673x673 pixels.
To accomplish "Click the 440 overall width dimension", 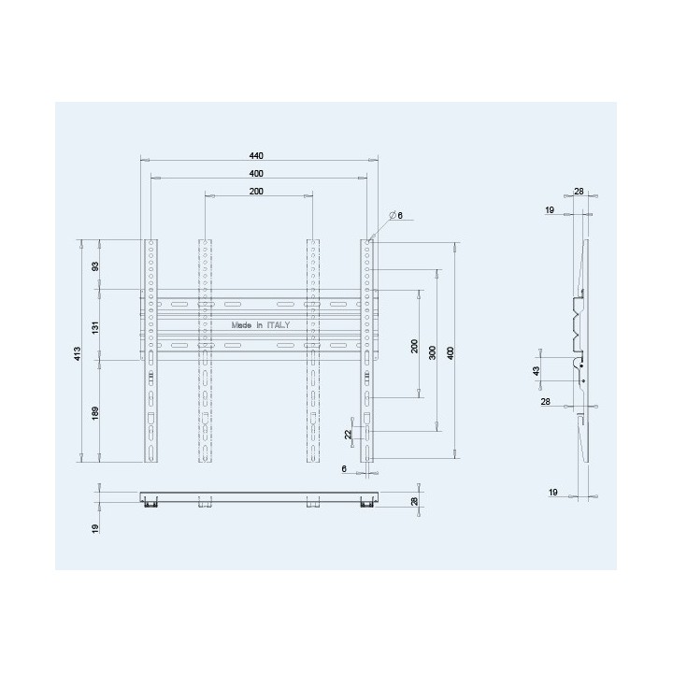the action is [256, 156].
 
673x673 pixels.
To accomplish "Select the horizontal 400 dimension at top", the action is [256, 174].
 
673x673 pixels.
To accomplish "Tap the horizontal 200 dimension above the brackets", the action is [256, 192].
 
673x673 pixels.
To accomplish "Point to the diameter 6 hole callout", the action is [396, 215].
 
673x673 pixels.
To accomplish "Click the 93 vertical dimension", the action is [95, 266].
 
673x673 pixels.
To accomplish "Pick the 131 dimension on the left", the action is [95, 327].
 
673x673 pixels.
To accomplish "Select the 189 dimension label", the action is [95, 413].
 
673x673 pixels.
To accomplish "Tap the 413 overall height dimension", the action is [78, 353].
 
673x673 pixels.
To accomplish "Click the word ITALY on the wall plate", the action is [279, 325].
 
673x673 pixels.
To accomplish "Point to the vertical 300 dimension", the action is [433, 352].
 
